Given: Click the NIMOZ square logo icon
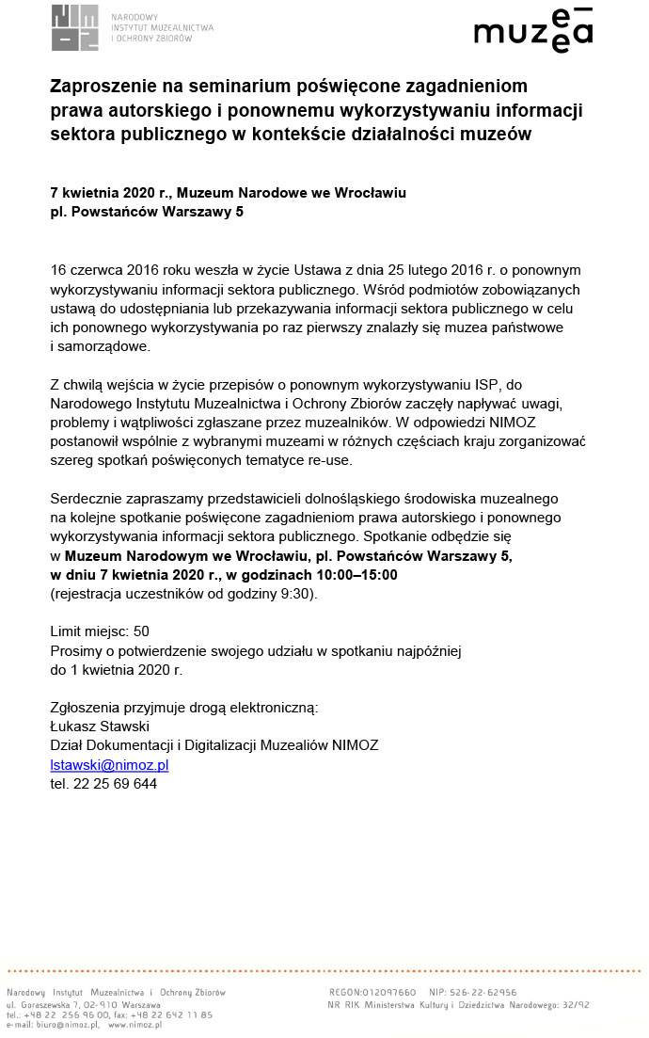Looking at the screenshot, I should (74, 28).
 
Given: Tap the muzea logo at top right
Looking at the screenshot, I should (533, 30).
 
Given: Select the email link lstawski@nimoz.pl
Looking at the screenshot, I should (109, 765).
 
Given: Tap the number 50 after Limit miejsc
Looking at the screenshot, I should (141, 631).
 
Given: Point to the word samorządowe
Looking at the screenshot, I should (103, 346).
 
